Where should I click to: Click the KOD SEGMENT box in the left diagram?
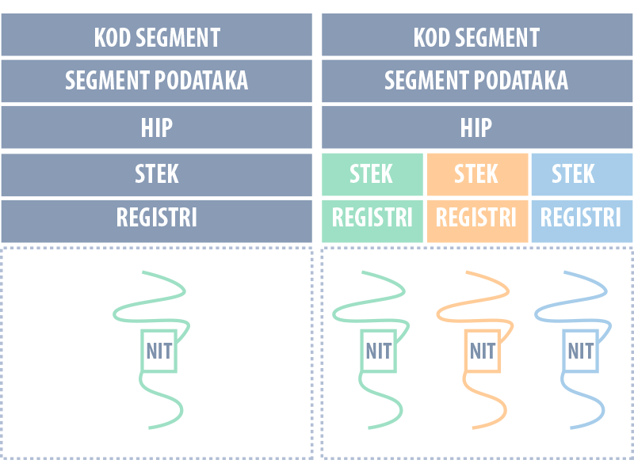pos(157,36)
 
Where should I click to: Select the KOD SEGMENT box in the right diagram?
pos(476,36)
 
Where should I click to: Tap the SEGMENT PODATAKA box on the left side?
pos(157,81)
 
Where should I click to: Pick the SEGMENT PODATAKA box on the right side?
pos(476,81)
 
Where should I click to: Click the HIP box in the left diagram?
pos(157,127)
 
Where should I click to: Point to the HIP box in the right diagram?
pos(476,127)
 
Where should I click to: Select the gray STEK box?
pos(157,174)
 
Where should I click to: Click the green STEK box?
pos(372,174)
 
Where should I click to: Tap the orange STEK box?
pos(476,174)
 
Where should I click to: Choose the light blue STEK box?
pos(581,174)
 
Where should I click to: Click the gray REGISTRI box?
pos(157,218)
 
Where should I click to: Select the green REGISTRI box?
pos(372,218)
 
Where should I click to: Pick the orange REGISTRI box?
pos(476,218)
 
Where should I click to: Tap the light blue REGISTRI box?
pos(581,218)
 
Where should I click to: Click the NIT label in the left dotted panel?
pos(159,351)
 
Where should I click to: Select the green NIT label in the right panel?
pos(379,351)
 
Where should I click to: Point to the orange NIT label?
pos(483,351)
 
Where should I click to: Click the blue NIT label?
pos(581,351)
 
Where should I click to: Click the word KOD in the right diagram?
pos(432,36)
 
